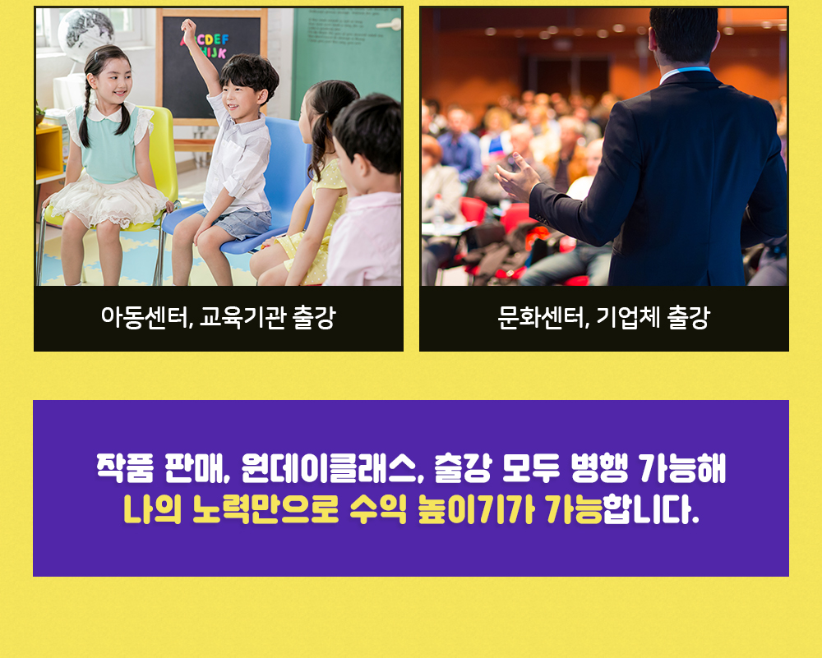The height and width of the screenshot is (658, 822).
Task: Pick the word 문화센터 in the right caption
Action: click(542, 317)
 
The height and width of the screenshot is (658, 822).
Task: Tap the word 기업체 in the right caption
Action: click(628, 317)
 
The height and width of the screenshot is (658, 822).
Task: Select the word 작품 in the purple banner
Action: click(125, 468)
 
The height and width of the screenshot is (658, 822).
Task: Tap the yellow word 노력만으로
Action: click(266, 509)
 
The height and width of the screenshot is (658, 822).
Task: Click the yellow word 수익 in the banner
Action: click(378, 509)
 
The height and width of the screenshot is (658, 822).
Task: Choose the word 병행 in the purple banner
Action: click(598, 468)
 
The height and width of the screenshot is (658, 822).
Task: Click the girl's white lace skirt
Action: click(108, 202)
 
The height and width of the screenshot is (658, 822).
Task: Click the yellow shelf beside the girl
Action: click(50, 152)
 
